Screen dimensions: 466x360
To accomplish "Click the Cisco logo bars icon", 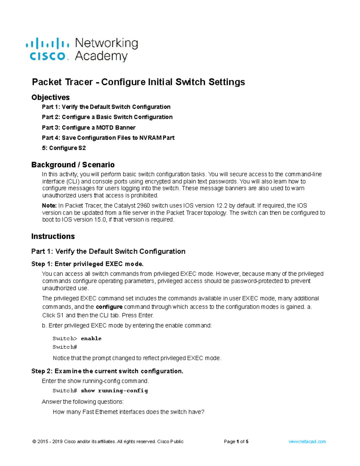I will (x=47, y=44).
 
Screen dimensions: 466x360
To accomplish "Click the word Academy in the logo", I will (x=101, y=56).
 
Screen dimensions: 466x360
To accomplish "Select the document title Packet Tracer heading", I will (x=138, y=82).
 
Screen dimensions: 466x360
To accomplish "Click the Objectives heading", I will (x=50, y=97).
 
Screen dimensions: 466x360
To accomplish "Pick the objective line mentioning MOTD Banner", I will (x=88, y=128).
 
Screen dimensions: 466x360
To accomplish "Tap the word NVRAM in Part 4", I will (x=150, y=138).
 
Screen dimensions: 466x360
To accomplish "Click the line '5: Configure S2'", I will (x=64, y=148).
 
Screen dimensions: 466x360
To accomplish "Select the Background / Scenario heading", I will (x=73, y=165).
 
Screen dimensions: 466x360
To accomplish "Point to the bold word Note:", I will (x=49, y=206).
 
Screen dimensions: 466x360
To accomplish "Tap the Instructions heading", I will (x=53, y=236).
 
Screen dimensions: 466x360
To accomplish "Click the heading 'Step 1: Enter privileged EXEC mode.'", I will (x=87, y=264).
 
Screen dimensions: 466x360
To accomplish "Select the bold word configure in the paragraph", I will (x=109, y=307).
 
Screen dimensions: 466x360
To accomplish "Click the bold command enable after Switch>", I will (x=91, y=338).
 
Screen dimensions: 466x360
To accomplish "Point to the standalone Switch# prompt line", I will (x=65, y=347).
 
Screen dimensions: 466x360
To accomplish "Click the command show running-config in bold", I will (x=114, y=391).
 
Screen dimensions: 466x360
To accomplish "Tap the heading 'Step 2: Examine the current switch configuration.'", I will (x=107, y=371).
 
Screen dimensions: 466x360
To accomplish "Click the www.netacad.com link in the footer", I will (x=307, y=442).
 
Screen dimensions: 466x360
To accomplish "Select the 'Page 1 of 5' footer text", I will (x=236, y=442).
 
